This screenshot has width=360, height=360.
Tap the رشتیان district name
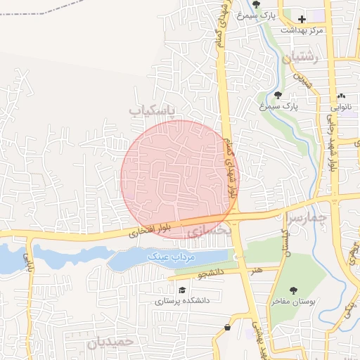[301, 58]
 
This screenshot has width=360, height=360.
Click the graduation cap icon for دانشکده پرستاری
[183, 290]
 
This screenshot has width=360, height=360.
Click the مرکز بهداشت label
[302, 30]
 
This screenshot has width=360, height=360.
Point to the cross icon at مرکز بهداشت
[302, 19]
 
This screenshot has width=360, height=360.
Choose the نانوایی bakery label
[340, 108]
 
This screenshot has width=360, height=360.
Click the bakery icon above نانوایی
[342, 96]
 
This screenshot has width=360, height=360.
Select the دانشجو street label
[210, 271]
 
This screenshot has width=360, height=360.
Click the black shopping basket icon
[227, 328]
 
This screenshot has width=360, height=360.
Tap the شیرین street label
[302, 77]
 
